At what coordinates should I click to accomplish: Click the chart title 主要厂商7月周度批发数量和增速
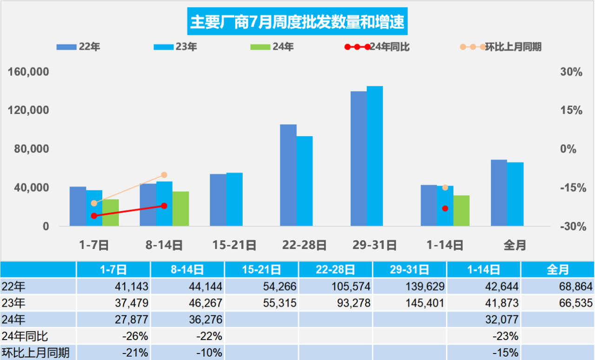297,22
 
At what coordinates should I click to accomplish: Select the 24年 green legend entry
271,47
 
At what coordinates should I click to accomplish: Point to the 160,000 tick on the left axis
29,72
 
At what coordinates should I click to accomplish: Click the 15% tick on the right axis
571,111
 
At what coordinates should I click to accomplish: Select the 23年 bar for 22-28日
304,181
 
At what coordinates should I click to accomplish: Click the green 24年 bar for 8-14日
180,209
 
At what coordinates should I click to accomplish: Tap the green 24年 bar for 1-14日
461,211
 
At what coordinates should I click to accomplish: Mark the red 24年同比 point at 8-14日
164,205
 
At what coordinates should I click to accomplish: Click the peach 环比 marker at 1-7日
94,203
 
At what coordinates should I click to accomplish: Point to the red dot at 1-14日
445,208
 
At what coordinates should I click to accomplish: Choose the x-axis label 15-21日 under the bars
234,245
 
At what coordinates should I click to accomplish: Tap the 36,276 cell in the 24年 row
187,320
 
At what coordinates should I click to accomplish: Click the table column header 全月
557,269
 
